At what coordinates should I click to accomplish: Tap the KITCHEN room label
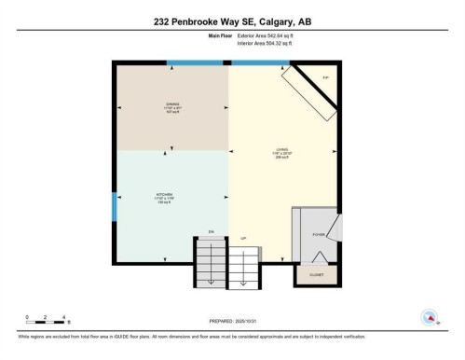171,196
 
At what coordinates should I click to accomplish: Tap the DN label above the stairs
211,230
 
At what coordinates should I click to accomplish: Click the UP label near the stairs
244,238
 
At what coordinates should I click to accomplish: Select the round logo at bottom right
430,316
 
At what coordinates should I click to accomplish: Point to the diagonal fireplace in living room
312,92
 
